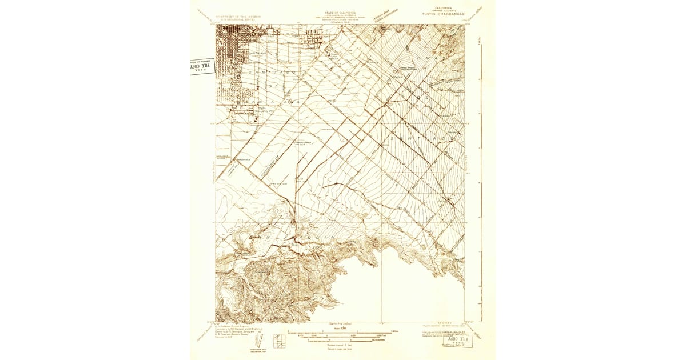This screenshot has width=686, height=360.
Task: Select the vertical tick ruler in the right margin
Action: [x=482, y=171]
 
